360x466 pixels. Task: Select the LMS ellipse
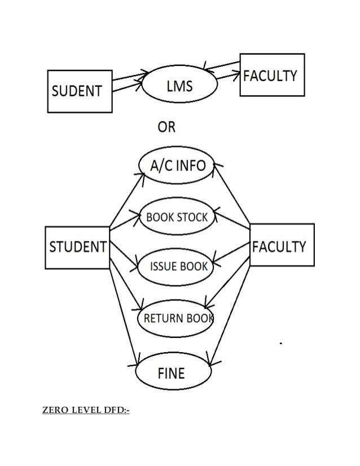(179, 86)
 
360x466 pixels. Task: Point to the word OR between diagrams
(166, 128)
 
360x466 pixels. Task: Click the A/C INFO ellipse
(175, 165)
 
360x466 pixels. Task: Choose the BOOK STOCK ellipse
(177, 217)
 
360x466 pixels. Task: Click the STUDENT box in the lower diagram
(77, 247)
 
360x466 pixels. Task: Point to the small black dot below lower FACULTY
(280, 342)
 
